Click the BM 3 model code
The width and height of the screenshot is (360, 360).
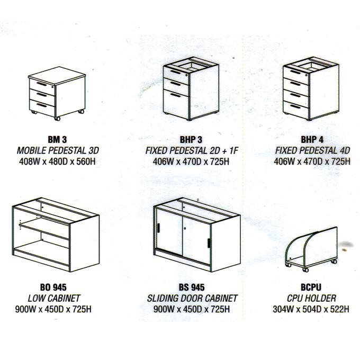57,140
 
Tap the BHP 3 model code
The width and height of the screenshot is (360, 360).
191,140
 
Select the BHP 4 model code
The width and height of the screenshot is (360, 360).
312,140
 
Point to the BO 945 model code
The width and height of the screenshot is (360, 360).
53,287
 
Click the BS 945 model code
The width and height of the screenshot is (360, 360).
192,287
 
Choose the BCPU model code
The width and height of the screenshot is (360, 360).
311,287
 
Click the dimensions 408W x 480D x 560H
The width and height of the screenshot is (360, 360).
57,161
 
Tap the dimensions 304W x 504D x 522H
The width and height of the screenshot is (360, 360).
311,309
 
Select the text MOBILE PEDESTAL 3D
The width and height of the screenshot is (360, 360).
58,150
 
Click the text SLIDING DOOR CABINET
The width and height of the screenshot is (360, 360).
192,298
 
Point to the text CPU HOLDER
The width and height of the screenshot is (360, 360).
311,298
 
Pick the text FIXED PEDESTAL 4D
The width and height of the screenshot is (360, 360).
312,150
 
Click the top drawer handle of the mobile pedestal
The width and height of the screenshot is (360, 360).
41,84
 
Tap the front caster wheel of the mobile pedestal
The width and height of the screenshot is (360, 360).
57,119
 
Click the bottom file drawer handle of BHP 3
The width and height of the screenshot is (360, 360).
176,95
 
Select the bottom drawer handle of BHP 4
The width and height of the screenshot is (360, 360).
295,106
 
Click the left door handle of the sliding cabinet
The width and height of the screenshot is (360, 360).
158,228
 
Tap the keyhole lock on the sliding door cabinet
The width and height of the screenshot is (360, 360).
185,229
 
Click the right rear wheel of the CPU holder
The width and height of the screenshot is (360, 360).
334,262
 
